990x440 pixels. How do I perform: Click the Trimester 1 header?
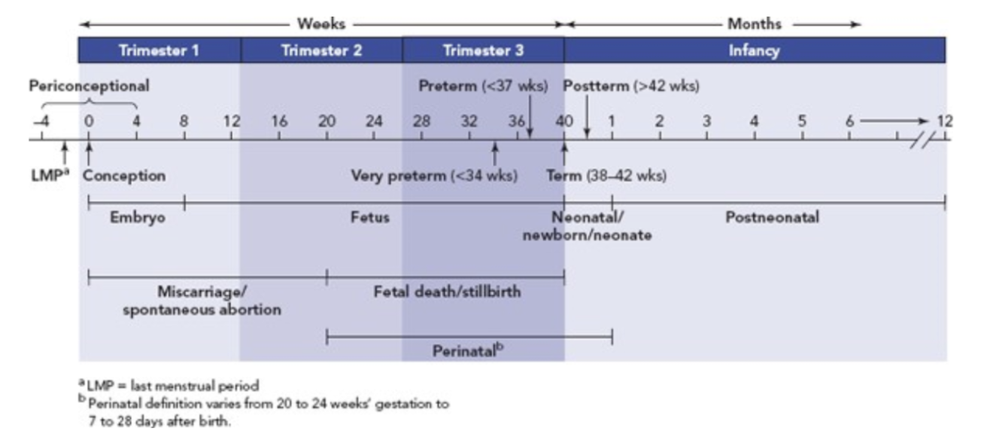(159, 51)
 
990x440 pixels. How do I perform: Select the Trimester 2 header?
(321, 51)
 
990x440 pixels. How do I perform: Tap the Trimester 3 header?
(483, 51)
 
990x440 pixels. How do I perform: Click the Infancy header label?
(754, 51)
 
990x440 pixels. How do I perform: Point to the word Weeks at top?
(321, 24)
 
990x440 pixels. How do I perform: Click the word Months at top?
(754, 24)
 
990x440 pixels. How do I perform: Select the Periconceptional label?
(89, 86)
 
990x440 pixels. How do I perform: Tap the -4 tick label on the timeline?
(40, 121)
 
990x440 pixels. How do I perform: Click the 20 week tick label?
(326, 121)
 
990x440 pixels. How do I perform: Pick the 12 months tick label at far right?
(945, 121)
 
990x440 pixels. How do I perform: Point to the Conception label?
(124, 176)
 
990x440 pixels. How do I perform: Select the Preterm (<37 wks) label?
(483, 86)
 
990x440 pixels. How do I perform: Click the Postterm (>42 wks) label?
(632, 86)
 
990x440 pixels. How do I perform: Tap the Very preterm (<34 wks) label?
(434, 176)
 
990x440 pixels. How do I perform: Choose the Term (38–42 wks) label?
(606, 176)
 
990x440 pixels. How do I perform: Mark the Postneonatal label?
(772, 218)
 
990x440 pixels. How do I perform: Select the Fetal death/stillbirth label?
(447, 291)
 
